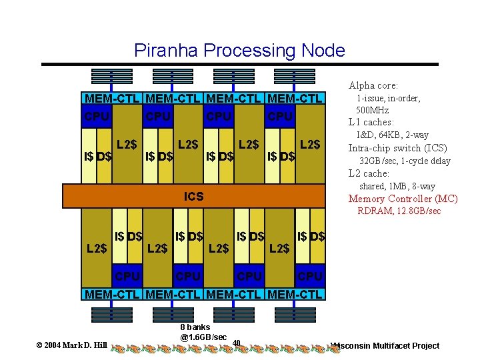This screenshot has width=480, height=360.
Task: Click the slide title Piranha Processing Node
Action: (239, 51)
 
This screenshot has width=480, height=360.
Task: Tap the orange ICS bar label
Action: (194, 197)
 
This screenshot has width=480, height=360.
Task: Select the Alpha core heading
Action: (373, 85)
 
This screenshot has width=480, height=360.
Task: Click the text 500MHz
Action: (373, 110)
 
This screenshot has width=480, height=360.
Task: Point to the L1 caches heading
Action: (371, 122)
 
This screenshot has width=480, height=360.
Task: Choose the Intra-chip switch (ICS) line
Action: (398, 148)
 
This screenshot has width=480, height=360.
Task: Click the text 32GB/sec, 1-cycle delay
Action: (405, 161)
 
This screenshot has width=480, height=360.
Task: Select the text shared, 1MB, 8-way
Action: (397, 186)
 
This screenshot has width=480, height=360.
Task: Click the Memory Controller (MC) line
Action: (403, 199)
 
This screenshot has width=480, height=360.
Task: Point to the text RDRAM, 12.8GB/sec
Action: (399, 211)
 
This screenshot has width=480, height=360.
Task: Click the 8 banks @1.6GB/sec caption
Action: (203, 332)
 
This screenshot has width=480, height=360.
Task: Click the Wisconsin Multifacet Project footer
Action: (386, 345)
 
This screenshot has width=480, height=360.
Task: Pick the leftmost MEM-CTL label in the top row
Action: (111, 99)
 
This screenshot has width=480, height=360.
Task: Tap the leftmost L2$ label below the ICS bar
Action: (97, 249)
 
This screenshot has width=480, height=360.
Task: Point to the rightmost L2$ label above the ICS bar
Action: (310, 144)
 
